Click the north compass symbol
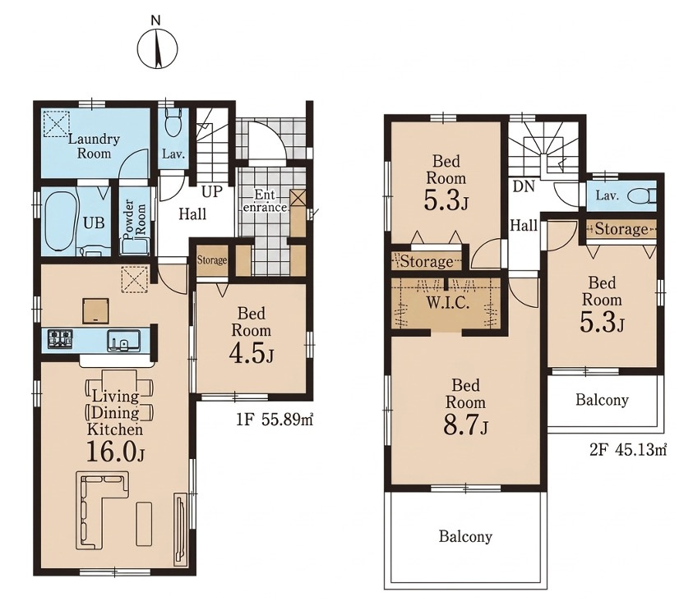point(157,48)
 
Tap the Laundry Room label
point(94,146)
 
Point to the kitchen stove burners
point(61,339)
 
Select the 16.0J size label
point(115,452)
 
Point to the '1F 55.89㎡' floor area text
point(275,420)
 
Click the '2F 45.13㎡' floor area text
point(628,450)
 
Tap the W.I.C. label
point(448,303)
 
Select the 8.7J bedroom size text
point(465,426)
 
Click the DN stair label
point(524,187)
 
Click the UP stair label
point(212,191)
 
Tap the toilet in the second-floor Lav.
point(643,195)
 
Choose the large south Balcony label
point(465,536)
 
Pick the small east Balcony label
point(602,400)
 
